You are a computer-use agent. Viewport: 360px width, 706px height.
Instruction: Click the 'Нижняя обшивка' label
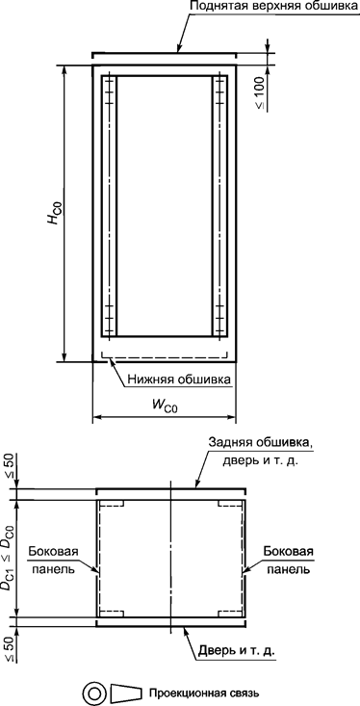pos(179,379)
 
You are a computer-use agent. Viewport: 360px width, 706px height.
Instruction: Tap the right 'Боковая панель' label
pos(287,562)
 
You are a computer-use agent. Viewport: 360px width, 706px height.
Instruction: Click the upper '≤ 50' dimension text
pos(10,465)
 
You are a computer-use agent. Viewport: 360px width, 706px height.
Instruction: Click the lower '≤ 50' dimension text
pos(10,645)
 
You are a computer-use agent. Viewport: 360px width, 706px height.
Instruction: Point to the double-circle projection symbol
pos(93,693)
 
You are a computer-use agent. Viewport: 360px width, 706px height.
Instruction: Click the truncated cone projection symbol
pos(125,693)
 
